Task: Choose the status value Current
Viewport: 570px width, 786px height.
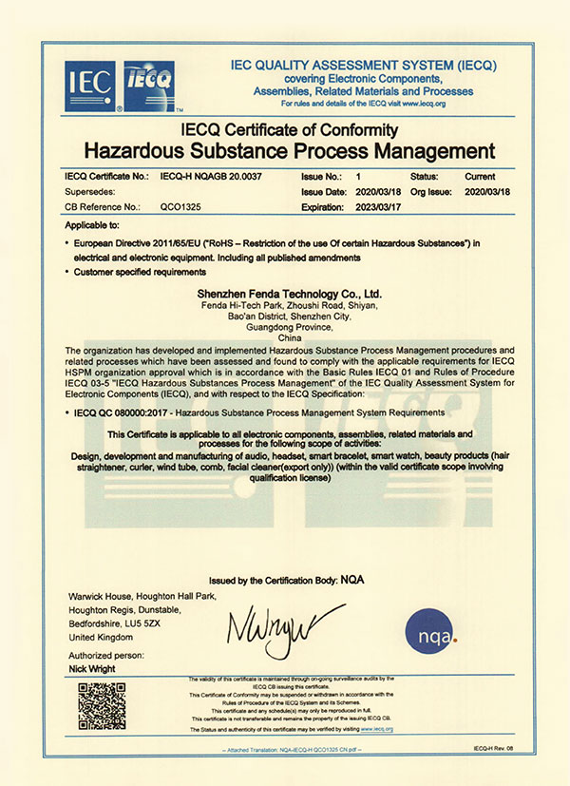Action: coord(481,177)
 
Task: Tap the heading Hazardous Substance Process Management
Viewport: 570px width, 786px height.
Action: coord(290,151)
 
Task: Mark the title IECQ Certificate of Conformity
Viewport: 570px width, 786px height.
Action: coord(290,129)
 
